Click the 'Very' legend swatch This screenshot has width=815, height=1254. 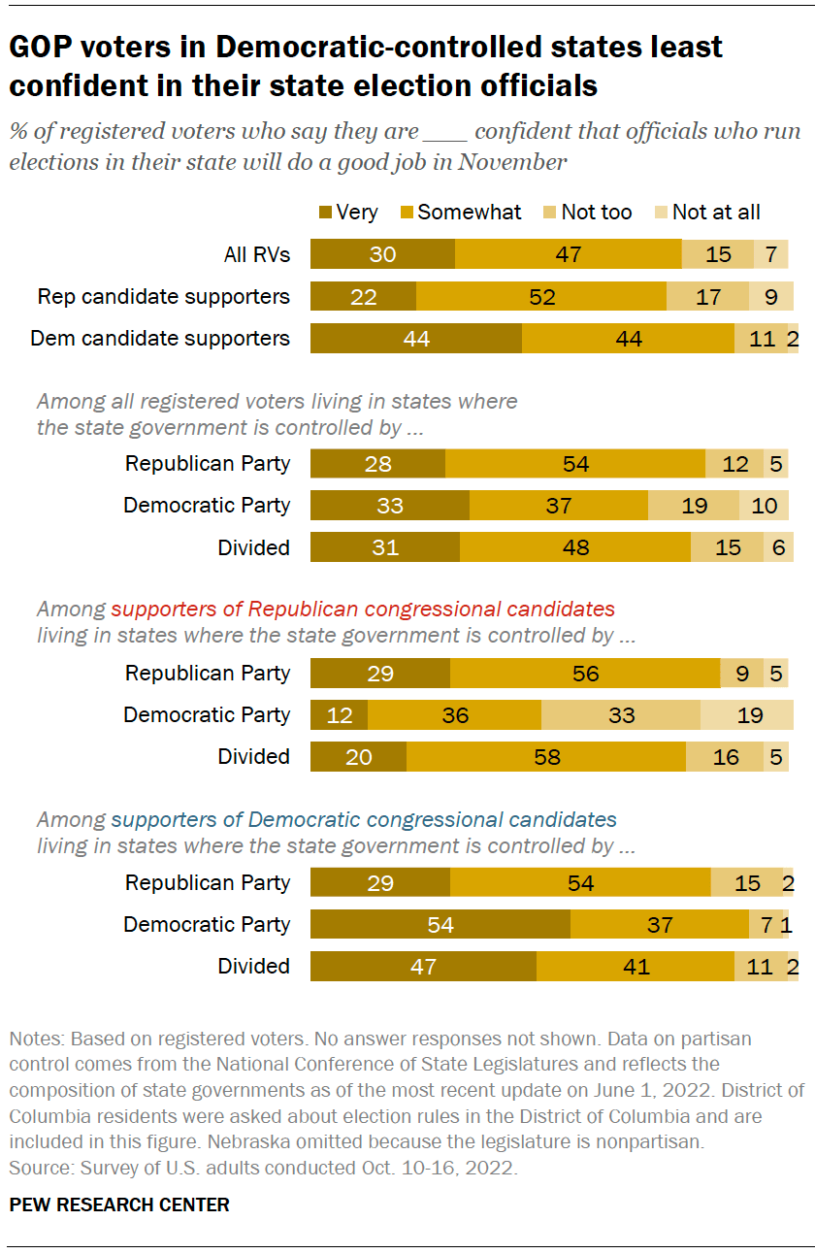(325, 212)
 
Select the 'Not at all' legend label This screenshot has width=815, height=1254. (716, 212)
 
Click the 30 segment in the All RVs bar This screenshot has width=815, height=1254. (382, 254)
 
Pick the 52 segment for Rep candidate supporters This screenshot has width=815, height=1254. (541, 296)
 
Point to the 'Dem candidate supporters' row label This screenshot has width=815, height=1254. (160, 338)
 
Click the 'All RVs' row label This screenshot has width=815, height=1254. (256, 254)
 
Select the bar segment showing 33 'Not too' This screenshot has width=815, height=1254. (621, 715)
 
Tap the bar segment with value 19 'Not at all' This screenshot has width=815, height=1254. (747, 715)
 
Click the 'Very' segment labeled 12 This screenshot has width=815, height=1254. (339, 715)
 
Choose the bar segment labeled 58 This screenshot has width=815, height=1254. (546, 757)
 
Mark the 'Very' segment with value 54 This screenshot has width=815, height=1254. (440, 924)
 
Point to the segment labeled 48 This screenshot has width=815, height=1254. (575, 547)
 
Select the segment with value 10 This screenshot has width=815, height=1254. (764, 506)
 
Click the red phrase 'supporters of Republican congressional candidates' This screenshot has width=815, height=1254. (363, 610)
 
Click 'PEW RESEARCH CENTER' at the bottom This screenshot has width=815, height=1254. (119, 1204)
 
